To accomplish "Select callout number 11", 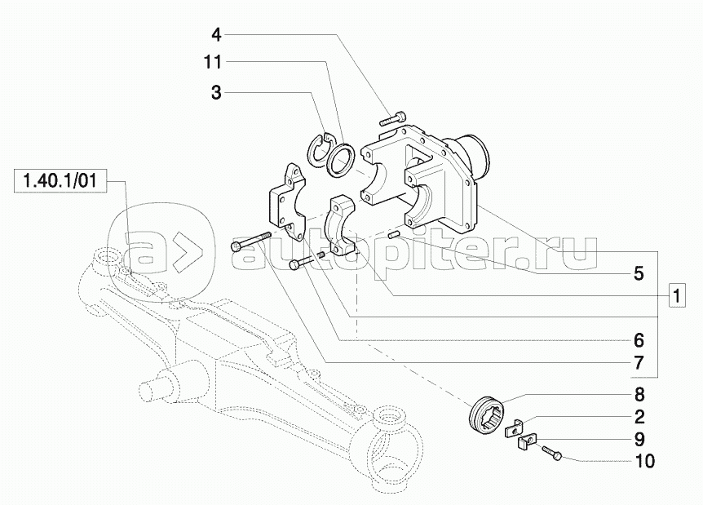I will tap(213, 62).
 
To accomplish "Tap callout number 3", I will tap(216, 93).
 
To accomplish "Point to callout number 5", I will tap(639, 273).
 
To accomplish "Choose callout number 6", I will tap(639, 339).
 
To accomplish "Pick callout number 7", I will tap(639, 363).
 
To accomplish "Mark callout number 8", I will tap(639, 394).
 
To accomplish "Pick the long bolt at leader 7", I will tap(250, 241).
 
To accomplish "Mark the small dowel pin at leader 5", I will tap(395, 236).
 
